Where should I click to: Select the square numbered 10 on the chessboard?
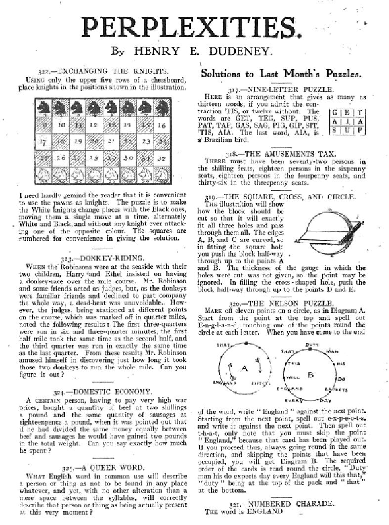(x=61, y=126)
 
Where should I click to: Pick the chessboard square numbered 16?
(x=161, y=126)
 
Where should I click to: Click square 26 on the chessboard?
(x=61, y=158)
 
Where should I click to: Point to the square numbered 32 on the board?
(x=161, y=158)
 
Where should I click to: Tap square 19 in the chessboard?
(x=78, y=142)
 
